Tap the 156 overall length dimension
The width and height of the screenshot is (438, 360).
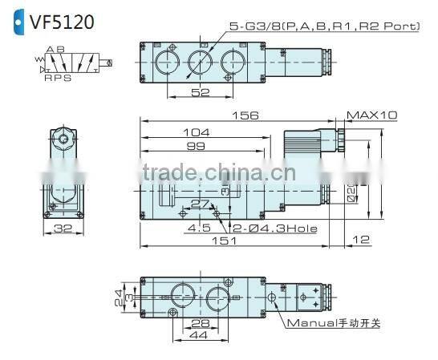click(x=245, y=115)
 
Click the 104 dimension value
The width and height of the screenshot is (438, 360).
click(x=195, y=132)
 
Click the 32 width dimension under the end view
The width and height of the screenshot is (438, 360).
click(x=64, y=229)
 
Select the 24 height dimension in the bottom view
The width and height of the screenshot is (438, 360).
click(x=117, y=294)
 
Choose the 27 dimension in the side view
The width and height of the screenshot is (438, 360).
click(x=200, y=204)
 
